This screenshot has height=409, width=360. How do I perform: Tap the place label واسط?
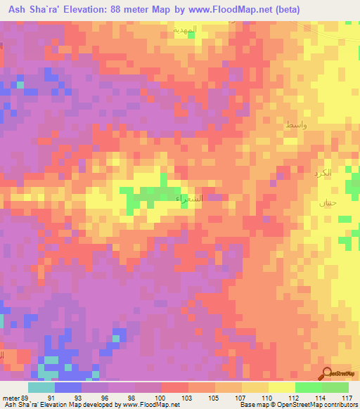click(295, 124)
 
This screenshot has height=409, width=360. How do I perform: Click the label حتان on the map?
click(319, 202)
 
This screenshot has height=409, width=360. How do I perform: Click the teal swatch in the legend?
click(41, 387)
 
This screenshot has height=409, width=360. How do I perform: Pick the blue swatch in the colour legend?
click(68, 387)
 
